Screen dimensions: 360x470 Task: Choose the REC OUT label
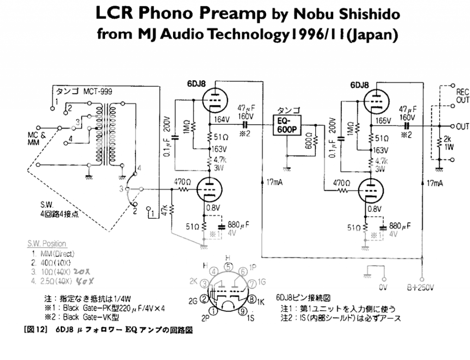tap(462, 95)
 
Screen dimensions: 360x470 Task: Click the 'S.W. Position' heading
tap(46, 244)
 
